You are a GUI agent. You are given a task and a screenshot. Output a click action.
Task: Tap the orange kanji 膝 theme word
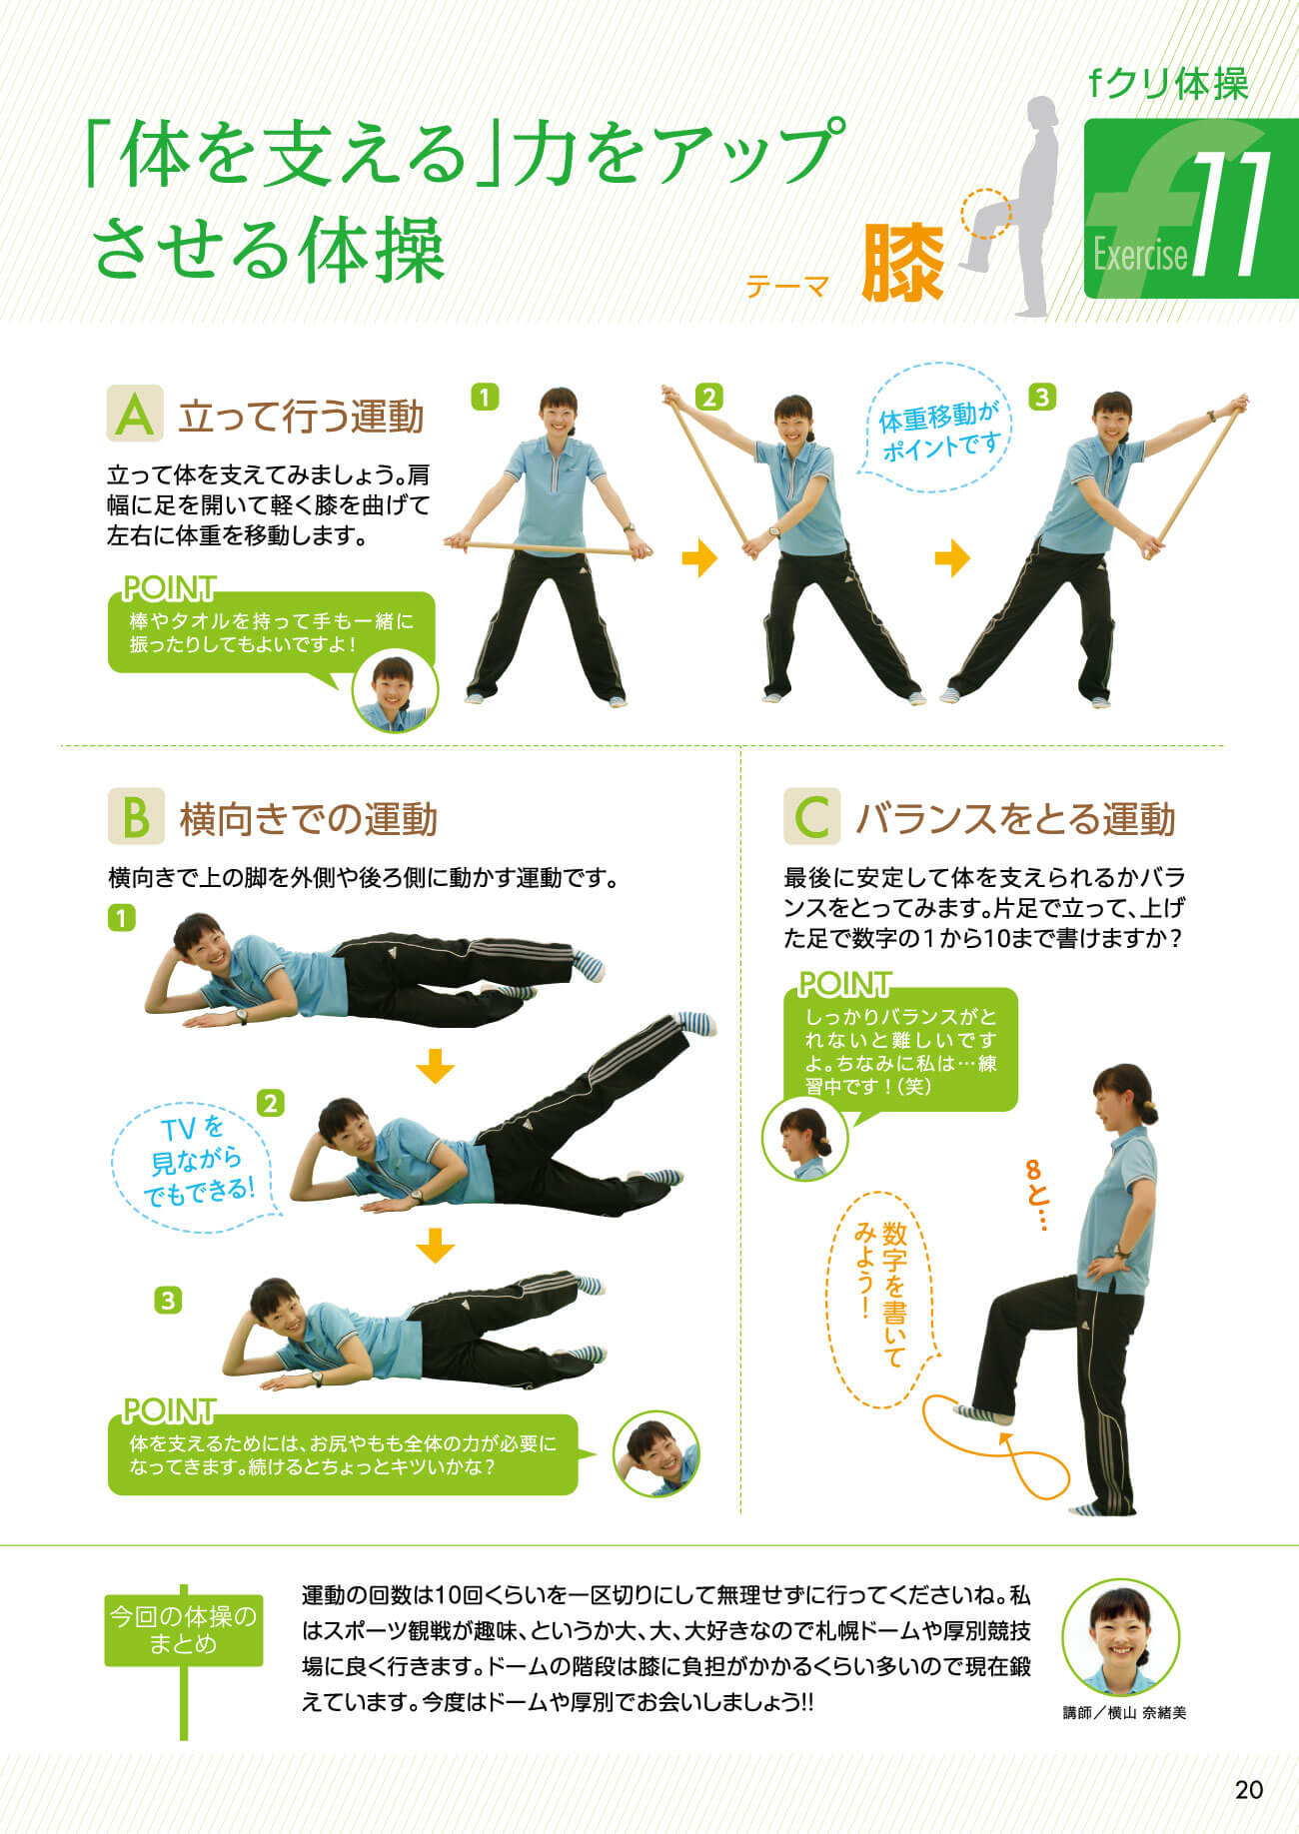coord(903,262)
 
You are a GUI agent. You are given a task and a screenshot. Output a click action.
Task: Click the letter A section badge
coord(135,415)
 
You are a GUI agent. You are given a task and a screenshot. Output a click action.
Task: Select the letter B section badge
coord(135,817)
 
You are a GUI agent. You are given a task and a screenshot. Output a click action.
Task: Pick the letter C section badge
coord(811,817)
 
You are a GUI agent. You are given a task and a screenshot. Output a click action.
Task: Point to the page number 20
coord(1249,1789)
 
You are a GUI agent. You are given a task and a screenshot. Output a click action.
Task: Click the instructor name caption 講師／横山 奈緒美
coord(1124,1713)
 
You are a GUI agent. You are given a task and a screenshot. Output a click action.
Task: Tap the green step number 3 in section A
coord(1041,398)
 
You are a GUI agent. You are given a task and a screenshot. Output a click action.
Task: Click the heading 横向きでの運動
coord(309,819)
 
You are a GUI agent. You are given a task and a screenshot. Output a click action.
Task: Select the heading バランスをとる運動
coord(1015,819)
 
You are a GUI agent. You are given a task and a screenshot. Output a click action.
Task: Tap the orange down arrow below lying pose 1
coord(435,1066)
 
